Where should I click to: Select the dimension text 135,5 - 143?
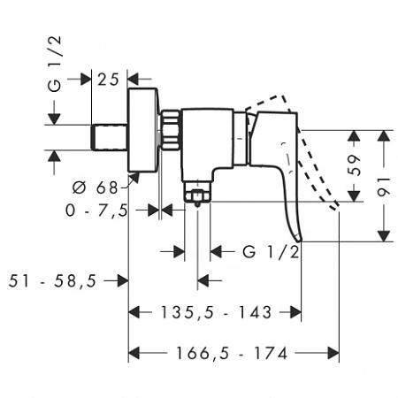click(x=216, y=312)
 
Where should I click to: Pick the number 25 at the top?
click(x=109, y=79)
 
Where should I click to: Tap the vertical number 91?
click(x=385, y=186)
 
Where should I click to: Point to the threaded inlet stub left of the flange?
click(x=110, y=137)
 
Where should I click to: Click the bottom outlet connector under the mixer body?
click(x=196, y=192)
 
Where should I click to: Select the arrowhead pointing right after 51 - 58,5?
click(x=122, y=280)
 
